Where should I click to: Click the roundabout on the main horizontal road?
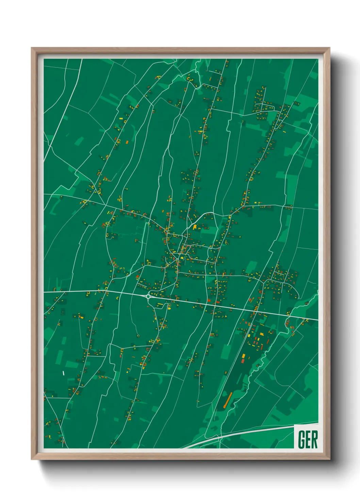pos(149,297)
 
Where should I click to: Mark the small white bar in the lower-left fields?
pos(63,373)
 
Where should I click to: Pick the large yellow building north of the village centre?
pos(195,227)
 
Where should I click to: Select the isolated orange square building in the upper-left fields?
pos(127,142)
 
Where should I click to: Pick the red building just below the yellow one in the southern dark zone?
pos(243,361)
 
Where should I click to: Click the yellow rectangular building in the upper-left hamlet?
pos(121,118)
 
